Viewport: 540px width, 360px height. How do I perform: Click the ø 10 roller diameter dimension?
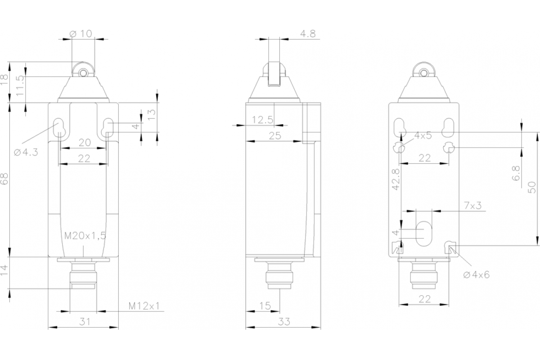81,33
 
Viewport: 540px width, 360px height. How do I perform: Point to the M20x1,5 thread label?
85,235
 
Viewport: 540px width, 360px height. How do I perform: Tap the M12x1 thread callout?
144,306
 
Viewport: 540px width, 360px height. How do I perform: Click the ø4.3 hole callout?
26,152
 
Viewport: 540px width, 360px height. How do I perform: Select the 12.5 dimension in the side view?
263,120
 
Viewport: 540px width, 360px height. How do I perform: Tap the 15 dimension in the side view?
265,306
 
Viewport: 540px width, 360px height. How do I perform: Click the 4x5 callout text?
423,135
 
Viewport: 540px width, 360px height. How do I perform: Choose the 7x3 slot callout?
472,206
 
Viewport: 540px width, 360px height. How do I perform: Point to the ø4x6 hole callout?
476,275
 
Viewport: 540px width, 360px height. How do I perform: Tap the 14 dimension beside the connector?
4,272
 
